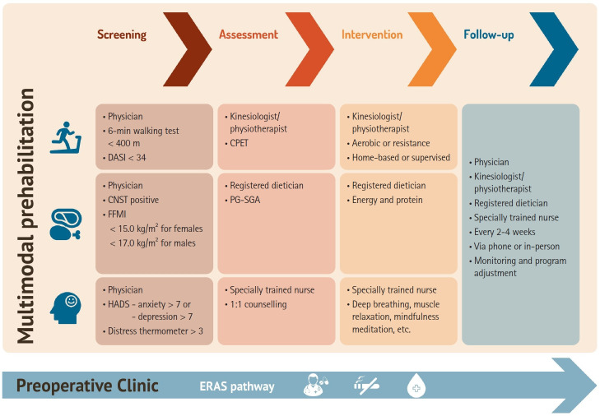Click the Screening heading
(x=122, y=35)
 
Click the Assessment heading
(x=249, y=35)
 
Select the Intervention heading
(x=372, y=35)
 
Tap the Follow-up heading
(x=490, y=35)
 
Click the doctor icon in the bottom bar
(x=315, y=385)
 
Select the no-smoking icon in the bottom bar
(x=366, y=385)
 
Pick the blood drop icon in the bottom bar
(x=416, y=385)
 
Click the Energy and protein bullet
(x=387, y=200)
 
